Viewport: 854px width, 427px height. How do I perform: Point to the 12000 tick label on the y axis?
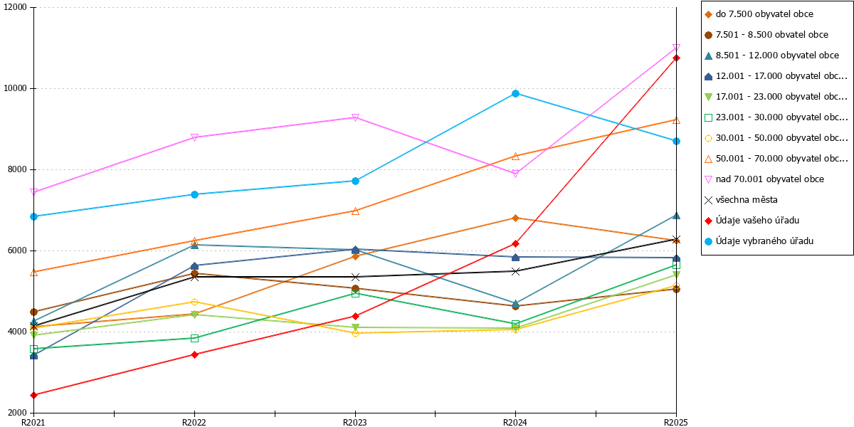tap(15, 7)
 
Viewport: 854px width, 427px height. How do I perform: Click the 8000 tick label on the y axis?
tap(17, 169)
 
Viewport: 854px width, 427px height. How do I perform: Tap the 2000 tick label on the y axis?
tap(17, 413)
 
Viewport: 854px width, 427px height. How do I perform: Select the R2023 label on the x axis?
tap(355, 423)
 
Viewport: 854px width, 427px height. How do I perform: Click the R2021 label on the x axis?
tap(33, 423)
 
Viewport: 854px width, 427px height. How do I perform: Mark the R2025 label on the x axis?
tap(676, 423)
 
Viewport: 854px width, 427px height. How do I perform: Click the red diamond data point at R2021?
tap(33, 395)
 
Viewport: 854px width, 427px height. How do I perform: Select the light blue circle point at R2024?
tap(515, 94)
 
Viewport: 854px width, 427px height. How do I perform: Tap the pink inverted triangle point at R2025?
tap(676, 48)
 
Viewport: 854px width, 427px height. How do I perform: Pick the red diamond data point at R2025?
tap(676, 58)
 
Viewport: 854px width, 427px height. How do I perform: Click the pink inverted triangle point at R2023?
tap(355, 117)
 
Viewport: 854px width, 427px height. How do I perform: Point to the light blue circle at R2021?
tap(33, 216)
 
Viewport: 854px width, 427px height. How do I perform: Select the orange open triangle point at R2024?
tap(515, 157)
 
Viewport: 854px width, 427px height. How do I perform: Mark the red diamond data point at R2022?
tap(194, 354)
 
